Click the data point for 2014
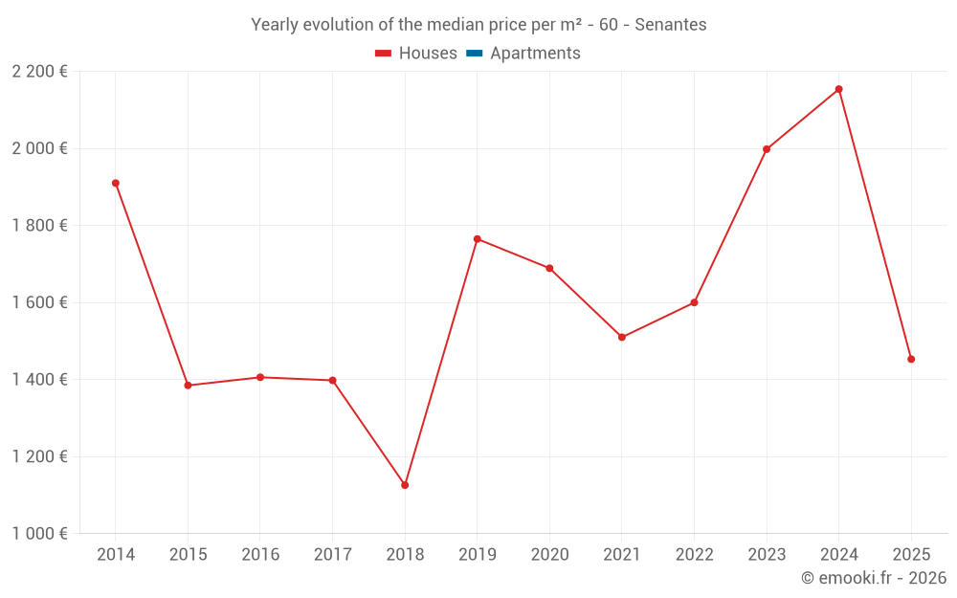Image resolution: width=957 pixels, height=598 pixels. tap(116, 183)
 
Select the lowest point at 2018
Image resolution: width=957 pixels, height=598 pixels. tap(405, 485)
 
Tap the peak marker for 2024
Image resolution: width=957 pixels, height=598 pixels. tap(838, 89)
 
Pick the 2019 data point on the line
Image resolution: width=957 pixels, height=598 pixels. tap(478, 238)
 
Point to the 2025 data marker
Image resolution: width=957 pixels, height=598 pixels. tap(911, 359)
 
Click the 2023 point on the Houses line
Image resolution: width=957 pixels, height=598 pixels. tap(767, 149)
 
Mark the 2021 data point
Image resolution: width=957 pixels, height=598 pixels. tap(622, 337)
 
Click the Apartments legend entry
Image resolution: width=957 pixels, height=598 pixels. tap(535, 54)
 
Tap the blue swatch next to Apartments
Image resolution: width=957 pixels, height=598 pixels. tap(474, 54)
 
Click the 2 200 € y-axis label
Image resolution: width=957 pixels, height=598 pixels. tap(39, 72)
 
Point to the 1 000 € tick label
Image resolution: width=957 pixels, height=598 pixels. tap(39, 534)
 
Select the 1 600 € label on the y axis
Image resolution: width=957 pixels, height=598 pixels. tap(39, 302)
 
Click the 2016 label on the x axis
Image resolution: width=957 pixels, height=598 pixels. tap(260, 555)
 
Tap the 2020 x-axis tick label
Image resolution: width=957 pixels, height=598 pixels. tap(549, 555)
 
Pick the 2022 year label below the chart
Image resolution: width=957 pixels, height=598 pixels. tap(694, 555)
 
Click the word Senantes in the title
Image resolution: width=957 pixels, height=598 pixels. tap(671, 25)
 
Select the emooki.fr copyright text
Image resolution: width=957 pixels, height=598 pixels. tap(873, 578)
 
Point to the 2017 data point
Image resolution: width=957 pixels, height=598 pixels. tap(332, 380)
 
